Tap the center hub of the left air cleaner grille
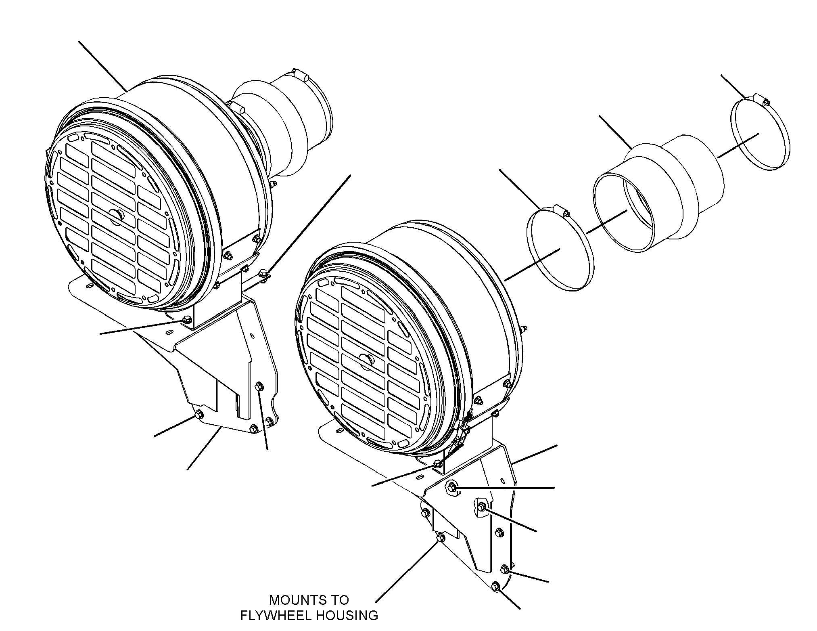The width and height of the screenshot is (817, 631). (x=117, y=216)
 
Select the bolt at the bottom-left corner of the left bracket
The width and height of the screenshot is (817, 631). (x=199, y=415)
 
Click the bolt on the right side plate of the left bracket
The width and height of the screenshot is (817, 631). (x=259, y=387)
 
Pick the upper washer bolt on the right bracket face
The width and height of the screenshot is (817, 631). (x=452, y=488)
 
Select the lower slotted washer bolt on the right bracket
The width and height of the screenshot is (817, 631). (x=482, y=507)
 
